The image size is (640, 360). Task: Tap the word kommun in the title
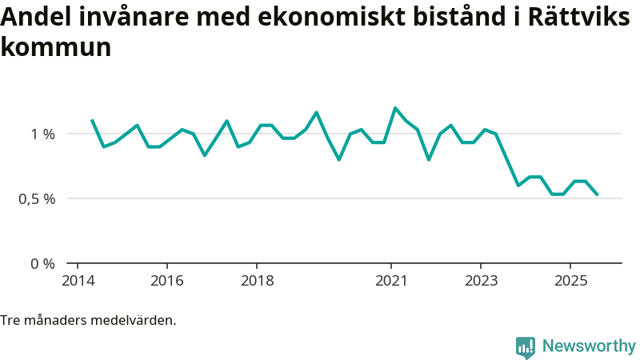55,47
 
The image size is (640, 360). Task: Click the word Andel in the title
34,18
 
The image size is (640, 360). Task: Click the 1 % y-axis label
43,134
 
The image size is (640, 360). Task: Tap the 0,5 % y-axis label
38,198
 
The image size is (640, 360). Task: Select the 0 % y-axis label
43,263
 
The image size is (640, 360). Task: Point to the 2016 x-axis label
166,281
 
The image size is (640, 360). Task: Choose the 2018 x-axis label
256,281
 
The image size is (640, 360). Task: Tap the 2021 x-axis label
391,281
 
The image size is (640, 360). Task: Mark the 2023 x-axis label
481,281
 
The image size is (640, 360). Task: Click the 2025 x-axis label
570,281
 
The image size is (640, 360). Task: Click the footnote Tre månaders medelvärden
88,321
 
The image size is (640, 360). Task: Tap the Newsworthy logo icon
526,347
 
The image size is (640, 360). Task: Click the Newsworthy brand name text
589,346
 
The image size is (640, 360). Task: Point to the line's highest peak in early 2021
395,108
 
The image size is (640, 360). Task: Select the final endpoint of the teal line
597,194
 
